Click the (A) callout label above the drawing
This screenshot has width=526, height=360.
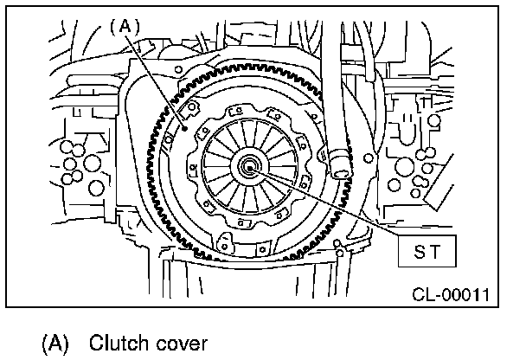pyautogui.click(x=125, y=27)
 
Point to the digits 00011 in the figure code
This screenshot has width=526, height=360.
pyautogui.click(x=467, y=295)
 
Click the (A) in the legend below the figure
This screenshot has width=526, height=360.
pyautogui.click(x=54, y=343)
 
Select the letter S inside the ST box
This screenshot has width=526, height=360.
pyautogui.click(x=414, y=254)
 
